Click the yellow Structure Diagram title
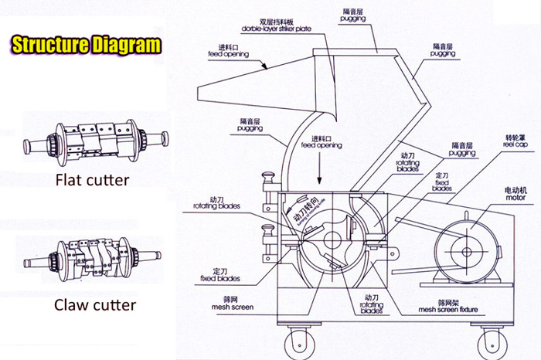[87, 44]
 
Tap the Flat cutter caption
[91, 182]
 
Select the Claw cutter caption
[94, 304]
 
